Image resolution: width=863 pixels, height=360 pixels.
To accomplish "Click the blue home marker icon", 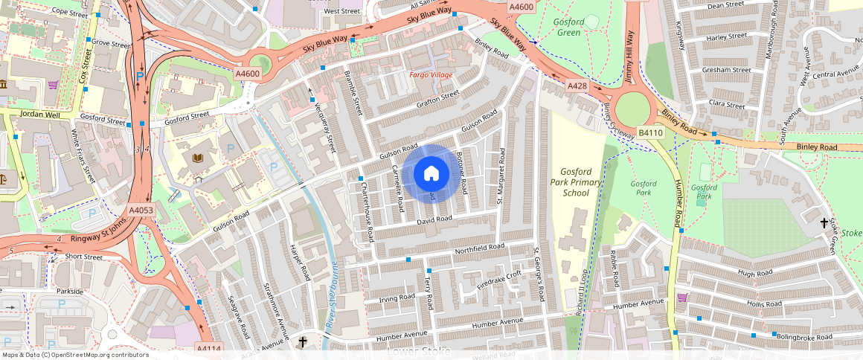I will (431, 174).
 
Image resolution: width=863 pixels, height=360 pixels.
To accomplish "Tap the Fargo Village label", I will (430, 76).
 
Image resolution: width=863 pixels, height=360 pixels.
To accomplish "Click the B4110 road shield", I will (650, 133).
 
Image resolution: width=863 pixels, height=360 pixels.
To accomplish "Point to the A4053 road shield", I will (141, 210).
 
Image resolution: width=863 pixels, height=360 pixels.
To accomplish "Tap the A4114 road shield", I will (208, 348).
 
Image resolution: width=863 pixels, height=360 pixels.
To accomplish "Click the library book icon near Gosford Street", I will (197, 158).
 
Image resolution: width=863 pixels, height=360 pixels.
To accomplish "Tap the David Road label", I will (434, 219).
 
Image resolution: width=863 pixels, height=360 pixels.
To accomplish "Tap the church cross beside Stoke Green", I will (824, 222).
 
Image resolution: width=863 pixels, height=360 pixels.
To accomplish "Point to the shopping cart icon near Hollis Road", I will (681, 298).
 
